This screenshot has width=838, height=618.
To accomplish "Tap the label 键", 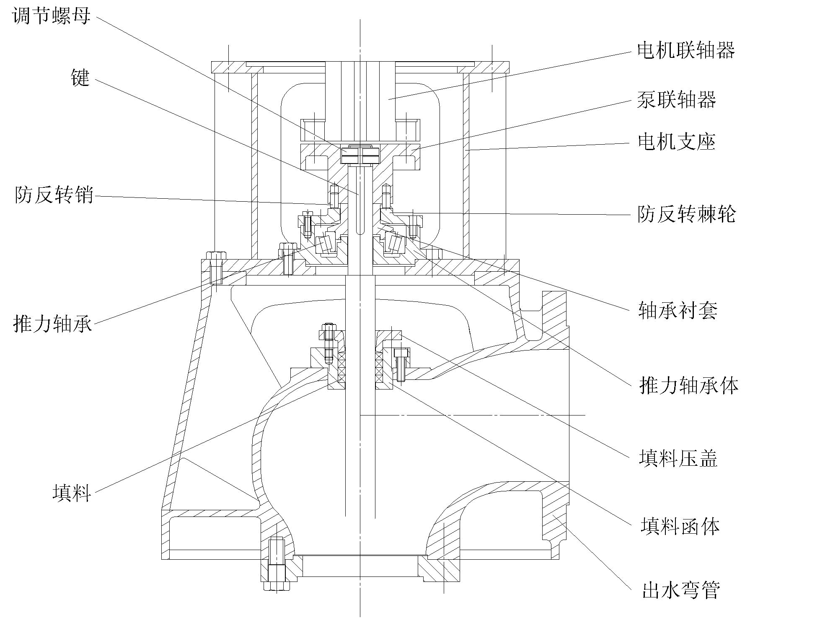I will [80, 78].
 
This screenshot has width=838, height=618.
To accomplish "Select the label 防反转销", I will [54, 195].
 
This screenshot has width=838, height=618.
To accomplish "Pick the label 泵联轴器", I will [676, 100].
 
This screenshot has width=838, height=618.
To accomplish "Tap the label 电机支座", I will [676, 142].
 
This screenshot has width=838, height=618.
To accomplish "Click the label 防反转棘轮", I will [687, 214].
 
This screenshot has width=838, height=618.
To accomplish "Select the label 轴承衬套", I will [678, 311].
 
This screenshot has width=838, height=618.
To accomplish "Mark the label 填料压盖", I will [678, 457].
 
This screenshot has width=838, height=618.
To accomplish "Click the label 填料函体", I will [680, 526].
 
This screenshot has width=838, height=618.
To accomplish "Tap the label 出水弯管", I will [681, 590].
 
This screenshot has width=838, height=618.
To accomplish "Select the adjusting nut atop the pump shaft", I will [360, 155].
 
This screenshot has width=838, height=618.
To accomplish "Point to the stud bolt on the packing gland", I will [329, 344].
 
